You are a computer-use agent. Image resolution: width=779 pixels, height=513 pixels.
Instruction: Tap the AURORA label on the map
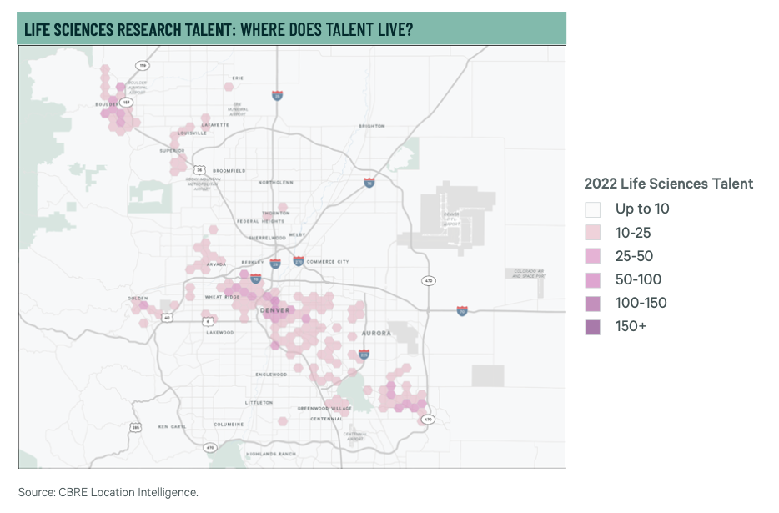click(x=376, y=333)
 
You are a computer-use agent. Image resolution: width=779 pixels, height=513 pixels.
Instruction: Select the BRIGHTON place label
click(x=372, y=126)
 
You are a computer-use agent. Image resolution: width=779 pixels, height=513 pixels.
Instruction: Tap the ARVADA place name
click(x=217, y=264)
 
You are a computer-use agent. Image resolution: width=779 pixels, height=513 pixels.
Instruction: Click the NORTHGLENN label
click(x=275, y=182)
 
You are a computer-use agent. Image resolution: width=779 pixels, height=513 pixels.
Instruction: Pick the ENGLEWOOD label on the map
click(x=272, y=374)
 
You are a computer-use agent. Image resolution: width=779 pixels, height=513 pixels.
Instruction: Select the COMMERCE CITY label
click(x=328, y=262)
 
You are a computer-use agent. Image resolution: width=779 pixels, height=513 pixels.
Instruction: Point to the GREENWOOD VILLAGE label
click(x=324, y=408)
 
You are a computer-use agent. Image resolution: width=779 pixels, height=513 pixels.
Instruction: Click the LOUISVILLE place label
click(x=192, y=133)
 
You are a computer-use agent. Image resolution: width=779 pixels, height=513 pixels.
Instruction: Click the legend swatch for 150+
click(x=593, y=326)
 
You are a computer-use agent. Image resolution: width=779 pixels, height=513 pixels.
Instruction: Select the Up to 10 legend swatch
click(x=593, y=209)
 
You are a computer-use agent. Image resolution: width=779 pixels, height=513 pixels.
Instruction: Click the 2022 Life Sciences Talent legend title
click(x=668, y=184)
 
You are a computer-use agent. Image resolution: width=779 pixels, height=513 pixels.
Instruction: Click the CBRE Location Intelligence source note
click(x=108, y=492)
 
